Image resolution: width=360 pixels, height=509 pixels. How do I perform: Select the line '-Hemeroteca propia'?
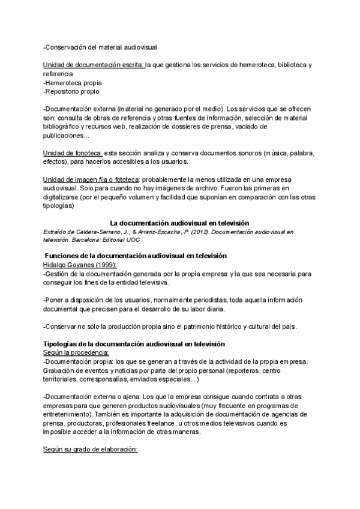(73, 82)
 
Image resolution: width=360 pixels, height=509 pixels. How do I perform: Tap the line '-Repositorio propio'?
(71, 91)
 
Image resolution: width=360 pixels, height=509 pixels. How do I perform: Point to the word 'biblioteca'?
(287, 64)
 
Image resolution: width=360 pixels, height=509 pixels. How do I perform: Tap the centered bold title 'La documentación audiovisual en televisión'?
(179, 223)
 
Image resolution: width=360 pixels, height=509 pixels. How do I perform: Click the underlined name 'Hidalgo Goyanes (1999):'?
(80, 265)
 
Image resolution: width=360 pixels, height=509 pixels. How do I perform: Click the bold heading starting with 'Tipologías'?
(134, 344)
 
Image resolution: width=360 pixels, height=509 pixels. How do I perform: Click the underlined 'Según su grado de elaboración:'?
(90, 449)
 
